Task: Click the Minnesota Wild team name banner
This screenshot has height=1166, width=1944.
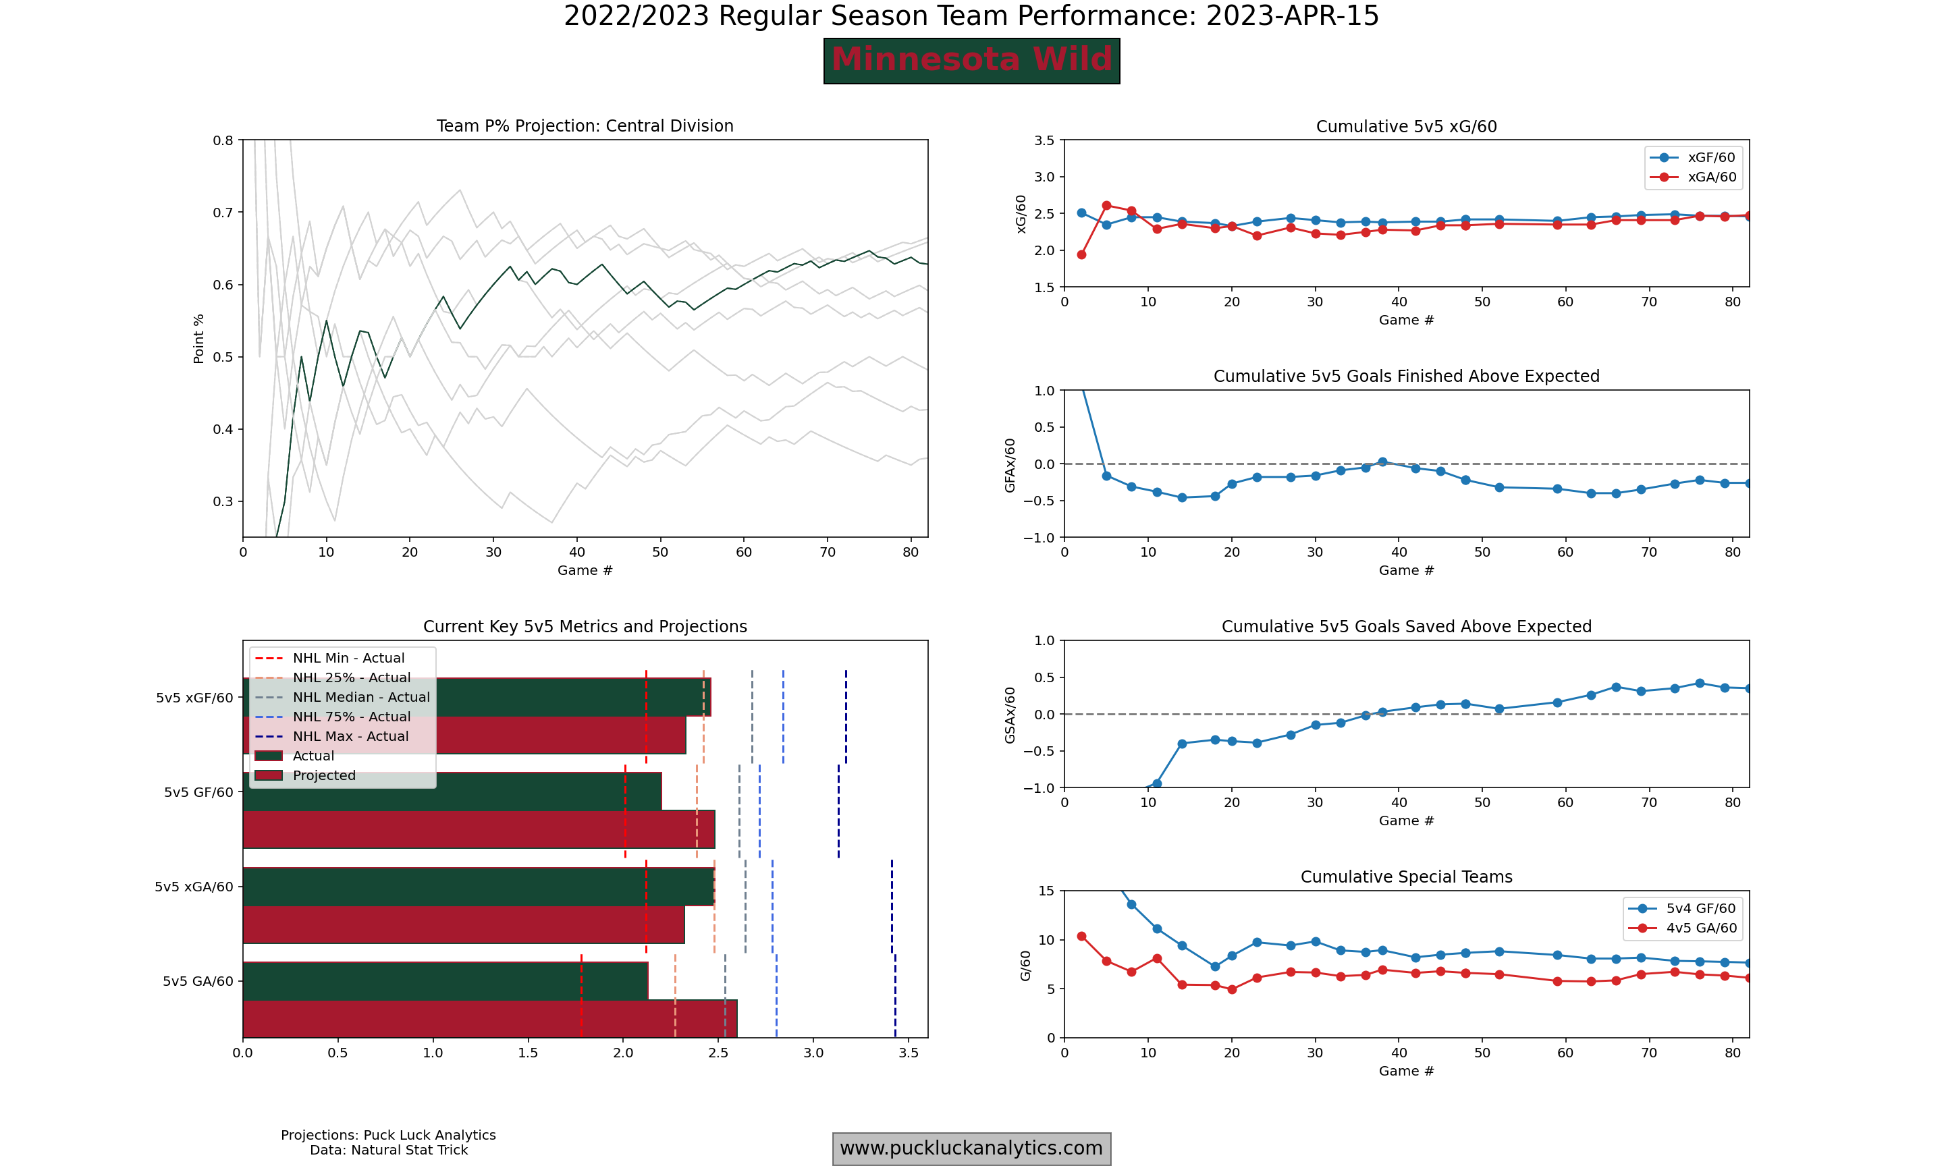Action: (971, 61)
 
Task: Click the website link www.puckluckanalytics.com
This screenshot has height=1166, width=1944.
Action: (971, 1148)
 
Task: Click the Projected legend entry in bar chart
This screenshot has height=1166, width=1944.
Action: (324, 775)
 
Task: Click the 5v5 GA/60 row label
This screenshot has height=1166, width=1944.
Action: (198, 981)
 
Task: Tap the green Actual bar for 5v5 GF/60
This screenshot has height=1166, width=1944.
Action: (452, 792)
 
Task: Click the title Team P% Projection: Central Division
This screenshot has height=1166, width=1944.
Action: (585, 126)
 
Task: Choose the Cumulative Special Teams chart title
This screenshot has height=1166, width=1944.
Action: (1406, 877)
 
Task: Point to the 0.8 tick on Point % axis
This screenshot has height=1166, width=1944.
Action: (223, 140)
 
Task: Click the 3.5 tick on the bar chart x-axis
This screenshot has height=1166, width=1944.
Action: (909, 1053)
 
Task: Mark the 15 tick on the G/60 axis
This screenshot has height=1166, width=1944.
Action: (1046, 891)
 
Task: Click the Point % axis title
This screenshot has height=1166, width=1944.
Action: (199, 339)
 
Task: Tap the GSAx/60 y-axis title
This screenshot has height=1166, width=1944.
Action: (1010, 715)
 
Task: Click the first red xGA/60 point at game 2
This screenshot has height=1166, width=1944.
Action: (1081, 254)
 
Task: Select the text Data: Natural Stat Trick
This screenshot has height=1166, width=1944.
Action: (388, 1150)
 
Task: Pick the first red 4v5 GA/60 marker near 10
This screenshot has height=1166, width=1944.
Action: (1081, 937)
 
